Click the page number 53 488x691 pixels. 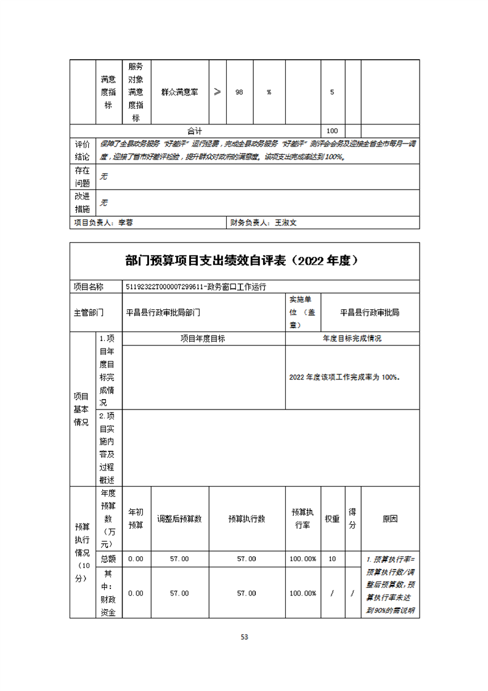point(244,637)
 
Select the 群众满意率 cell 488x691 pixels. point(179,92)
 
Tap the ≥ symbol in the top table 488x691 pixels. point(218,92)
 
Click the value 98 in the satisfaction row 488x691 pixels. point(240,92)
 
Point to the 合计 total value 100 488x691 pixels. point(332,131)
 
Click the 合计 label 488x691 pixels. point(195,131)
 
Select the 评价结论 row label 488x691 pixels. point(82,150)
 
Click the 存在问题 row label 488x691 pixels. point(82,177)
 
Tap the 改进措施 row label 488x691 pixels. point(82,203)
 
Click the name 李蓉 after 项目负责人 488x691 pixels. point(125,223)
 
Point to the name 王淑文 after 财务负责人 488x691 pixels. point(286,223)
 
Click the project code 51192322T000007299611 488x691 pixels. point(165,286)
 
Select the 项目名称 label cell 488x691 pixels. point(89,286)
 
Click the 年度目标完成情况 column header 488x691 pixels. point(352,339)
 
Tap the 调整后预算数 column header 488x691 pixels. point(179,519)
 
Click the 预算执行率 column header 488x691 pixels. point(303,519)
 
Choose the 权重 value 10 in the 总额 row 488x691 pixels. point(332,559)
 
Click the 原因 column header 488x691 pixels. point(389,519)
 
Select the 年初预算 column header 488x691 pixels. point(136,519)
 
